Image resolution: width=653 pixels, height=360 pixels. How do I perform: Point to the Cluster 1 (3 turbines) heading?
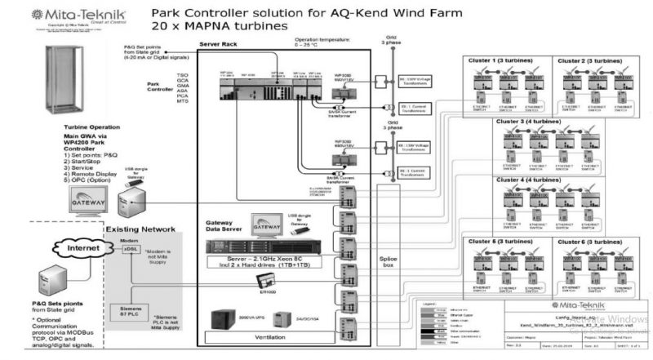click(x=506, y=62)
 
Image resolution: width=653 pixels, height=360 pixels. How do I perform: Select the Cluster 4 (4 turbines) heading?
click(x=530, y=178)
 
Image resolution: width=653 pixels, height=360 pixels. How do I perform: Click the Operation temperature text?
click(x=323, y=40)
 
